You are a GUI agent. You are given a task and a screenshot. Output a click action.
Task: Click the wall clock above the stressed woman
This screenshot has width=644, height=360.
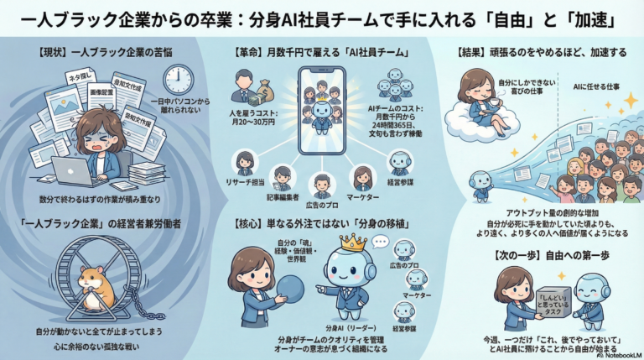click(x=178, y=80)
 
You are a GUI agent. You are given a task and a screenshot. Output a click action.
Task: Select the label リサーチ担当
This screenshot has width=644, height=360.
click(x=245, y=181)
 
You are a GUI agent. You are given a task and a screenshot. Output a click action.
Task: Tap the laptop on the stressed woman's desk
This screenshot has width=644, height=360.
click(x=70, y=170)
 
